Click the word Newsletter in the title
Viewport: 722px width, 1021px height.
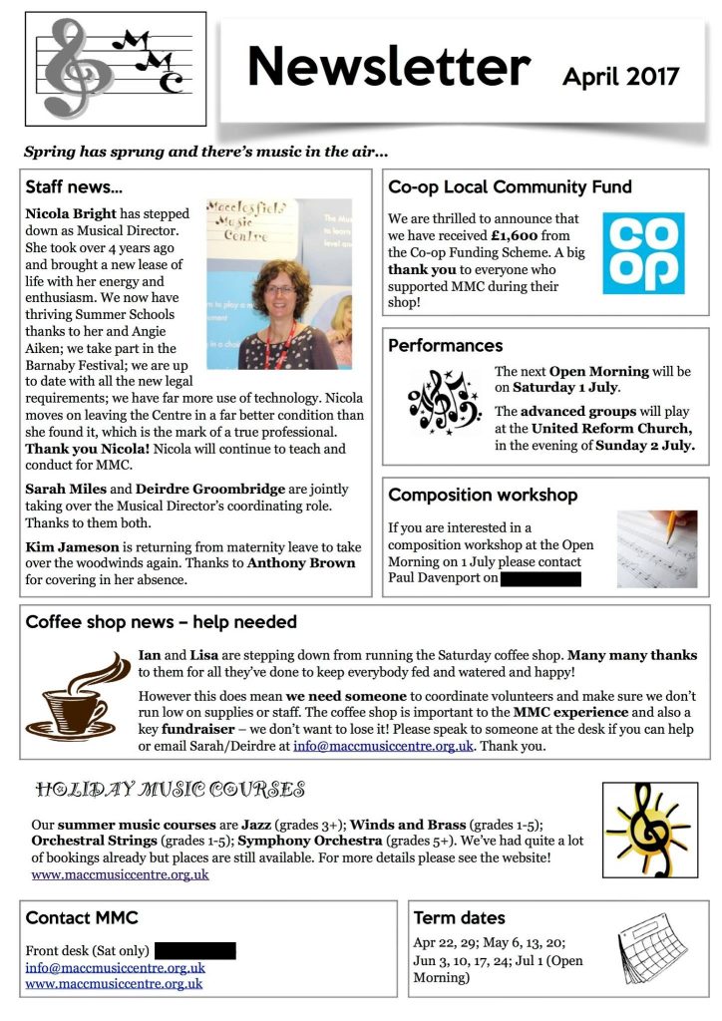pyautogui.click(x=388, y=67)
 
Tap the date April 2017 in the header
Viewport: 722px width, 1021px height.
pyautogui.click(x=620, y=76)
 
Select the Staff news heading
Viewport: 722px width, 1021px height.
pyautogui.click(x=74, y=186)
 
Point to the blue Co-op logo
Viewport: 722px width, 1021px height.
pyautogui.click(x=643, y=252)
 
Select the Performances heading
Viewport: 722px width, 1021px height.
pyautogui.click(x=445, y=346)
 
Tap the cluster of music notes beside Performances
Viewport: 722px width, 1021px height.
pyautogui.click(x=444, y=402)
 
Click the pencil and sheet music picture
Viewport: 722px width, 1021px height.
pyautogui.click(x=654, y=548)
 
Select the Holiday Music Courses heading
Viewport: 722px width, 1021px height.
pyautogui.click(x=170, y=791)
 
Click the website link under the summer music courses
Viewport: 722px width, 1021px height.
pyautogui.click(x=120, y=874)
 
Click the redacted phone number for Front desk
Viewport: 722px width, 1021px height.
pyautogui.click(x=194, y=950)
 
